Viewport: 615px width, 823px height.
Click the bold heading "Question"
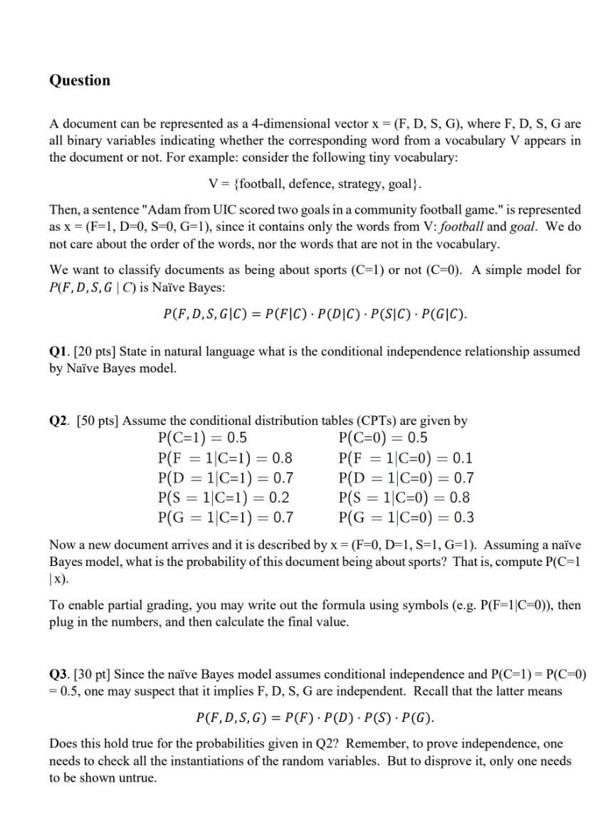click(80, 80)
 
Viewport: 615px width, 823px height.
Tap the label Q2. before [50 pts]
click(59, 421)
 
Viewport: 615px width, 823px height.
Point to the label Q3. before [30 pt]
click(59, 674)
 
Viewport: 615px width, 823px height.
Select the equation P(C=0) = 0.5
click(384, 438)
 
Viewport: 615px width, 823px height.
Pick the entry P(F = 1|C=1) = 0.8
click(225, 458)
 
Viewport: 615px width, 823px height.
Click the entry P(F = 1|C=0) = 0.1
click(406, 458)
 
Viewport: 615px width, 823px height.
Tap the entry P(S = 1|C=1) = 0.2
click(224, 498)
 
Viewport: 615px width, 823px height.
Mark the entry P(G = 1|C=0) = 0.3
click(407, 518)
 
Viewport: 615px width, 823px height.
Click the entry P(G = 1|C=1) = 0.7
click(225, 518)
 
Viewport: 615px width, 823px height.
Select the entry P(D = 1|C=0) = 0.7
click(407, 478)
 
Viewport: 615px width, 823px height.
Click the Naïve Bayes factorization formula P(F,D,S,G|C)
click(315, 315)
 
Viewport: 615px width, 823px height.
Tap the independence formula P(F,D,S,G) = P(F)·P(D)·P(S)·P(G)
click(315, 717)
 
